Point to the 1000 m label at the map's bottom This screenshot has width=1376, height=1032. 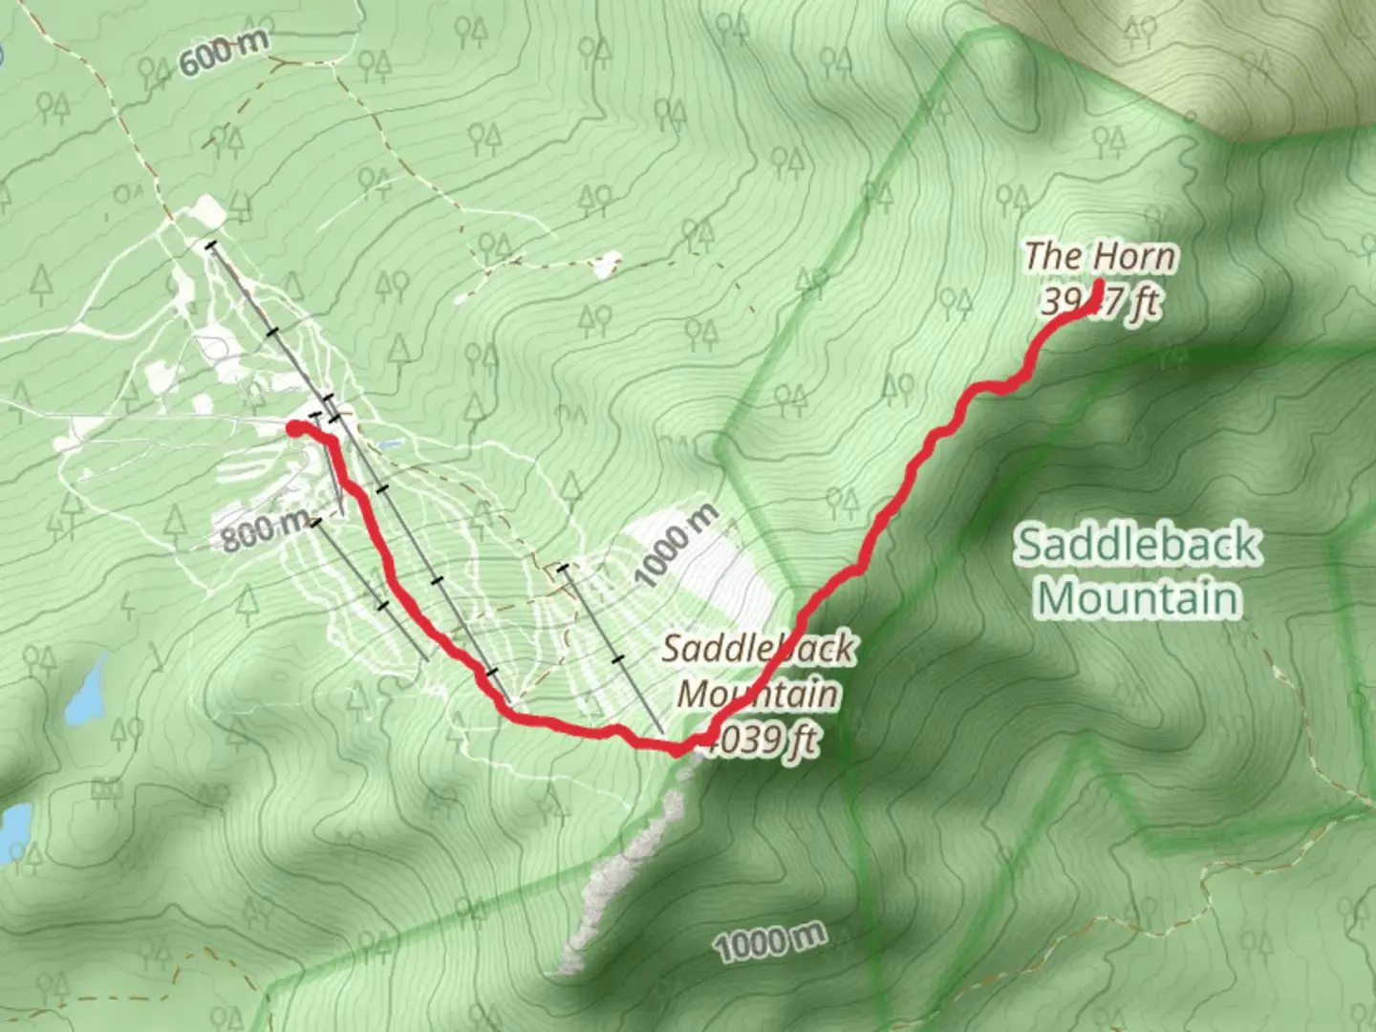pos(770,943)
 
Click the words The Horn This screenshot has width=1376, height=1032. pos(1101,256)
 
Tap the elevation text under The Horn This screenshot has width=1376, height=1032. pos(1101,303)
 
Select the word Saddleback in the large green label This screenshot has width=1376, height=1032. pos(1137,545)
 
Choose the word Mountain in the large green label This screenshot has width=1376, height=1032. pos(1139,598)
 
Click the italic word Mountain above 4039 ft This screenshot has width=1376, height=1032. pos(759,694)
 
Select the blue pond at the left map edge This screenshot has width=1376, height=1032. pos(13,826)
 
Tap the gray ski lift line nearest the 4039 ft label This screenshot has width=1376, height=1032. pos(612,650)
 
